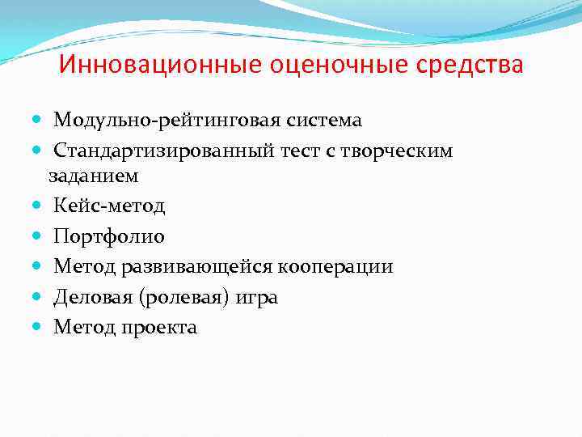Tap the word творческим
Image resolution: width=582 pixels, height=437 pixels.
409,151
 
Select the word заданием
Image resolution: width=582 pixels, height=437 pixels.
93,175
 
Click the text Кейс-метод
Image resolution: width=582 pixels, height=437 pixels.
109,206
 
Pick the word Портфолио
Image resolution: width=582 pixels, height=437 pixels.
109,237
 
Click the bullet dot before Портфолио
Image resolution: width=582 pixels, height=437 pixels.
41,237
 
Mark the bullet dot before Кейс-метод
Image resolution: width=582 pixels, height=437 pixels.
41,206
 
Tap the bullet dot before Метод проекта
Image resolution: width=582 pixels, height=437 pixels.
41,328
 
